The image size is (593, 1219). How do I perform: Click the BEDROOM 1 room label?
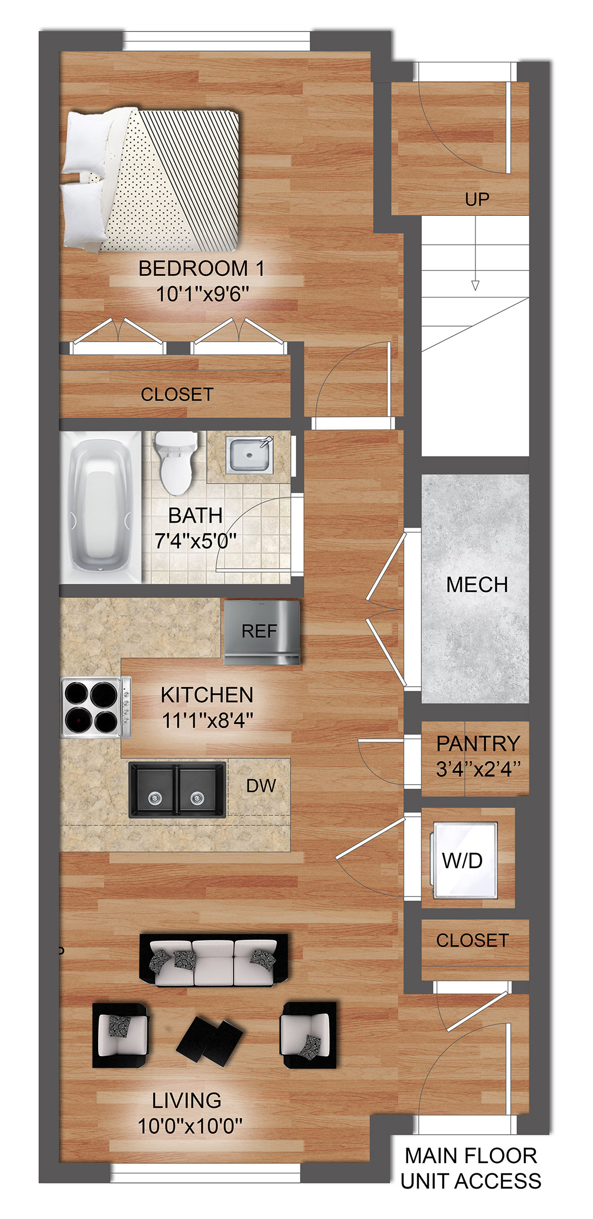click(x=202, y=268)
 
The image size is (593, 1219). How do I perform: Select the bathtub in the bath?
click(x=101, y=507)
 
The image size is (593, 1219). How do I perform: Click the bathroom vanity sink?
click(x=249, y=454)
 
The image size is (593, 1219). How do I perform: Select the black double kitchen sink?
click(x=177, y=789)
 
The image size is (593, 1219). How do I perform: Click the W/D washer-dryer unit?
click(x=464, y=860)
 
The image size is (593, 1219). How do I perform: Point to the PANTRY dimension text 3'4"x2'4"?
click(x=478, y=769)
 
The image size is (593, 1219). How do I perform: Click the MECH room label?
click(x=477, y=585)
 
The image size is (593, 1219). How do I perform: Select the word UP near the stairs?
click(x=477, y=200)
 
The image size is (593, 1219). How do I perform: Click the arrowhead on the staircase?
click(x=475, y=285)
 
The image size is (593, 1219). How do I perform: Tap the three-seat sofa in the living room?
click(x=213, y=960)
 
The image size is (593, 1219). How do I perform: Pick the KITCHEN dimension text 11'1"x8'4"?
click(x=207, y=720)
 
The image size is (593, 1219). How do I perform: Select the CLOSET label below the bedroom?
click(x=177, y=394)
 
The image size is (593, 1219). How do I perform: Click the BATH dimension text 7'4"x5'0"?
click(x=196, y=541)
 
